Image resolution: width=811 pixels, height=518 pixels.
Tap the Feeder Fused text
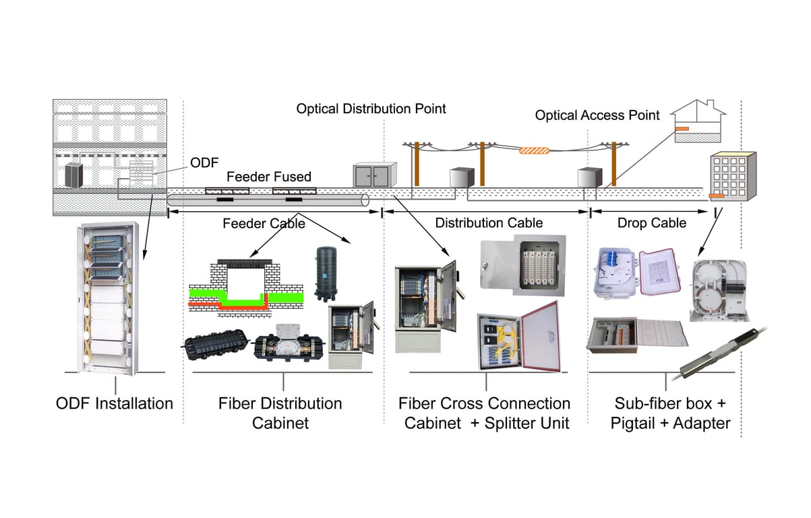(x=268, y=177)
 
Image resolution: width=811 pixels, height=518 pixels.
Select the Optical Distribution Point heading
(x=371, y=109)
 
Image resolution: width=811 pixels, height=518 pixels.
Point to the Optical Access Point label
(x=597, y=115)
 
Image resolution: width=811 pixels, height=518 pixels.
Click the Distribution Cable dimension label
(x=489, y=223)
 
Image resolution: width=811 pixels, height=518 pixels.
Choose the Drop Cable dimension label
(x=652, y=223)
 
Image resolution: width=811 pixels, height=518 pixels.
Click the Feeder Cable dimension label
(x=264, y=223)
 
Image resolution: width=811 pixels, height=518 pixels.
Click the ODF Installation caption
(x=114, y=403)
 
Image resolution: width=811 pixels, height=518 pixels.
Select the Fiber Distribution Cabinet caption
(x=280, y=413)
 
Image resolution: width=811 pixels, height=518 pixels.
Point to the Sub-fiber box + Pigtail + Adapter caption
(x=670, y=413)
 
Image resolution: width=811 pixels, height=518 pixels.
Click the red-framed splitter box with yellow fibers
(x=518, y=337)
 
